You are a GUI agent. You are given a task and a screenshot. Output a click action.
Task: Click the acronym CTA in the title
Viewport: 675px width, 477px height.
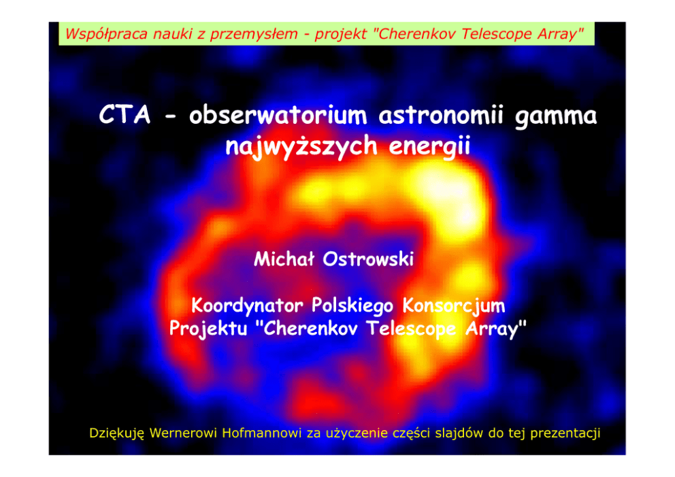click(125, 115)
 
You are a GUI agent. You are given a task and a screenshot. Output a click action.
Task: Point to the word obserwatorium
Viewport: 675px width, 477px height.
click(278, 116)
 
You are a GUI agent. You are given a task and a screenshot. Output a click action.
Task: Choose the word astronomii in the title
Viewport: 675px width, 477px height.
click(441, 116)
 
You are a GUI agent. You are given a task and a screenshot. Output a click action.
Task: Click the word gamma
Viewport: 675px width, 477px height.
click(556, 117)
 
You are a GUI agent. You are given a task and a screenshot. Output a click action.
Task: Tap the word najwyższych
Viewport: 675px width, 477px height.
click(301, 146)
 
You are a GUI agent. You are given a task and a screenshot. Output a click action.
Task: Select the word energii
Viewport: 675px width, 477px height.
click(429, 147)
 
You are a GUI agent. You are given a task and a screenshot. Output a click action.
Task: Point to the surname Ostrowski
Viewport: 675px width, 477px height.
click(368, 259)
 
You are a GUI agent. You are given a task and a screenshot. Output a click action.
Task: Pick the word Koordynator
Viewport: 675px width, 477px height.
click(247, 306)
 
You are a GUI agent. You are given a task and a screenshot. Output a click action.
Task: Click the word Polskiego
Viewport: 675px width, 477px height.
click(352, 306)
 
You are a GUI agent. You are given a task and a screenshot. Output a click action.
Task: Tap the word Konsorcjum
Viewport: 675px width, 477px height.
click(453, 306)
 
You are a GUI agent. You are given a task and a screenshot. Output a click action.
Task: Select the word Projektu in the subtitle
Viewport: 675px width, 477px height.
click(208, 329)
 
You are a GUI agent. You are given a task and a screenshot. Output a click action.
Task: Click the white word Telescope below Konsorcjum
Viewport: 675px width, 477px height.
click(411, 329)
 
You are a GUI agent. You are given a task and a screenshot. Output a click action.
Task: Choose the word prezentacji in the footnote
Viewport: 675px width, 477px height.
click(565, 433)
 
